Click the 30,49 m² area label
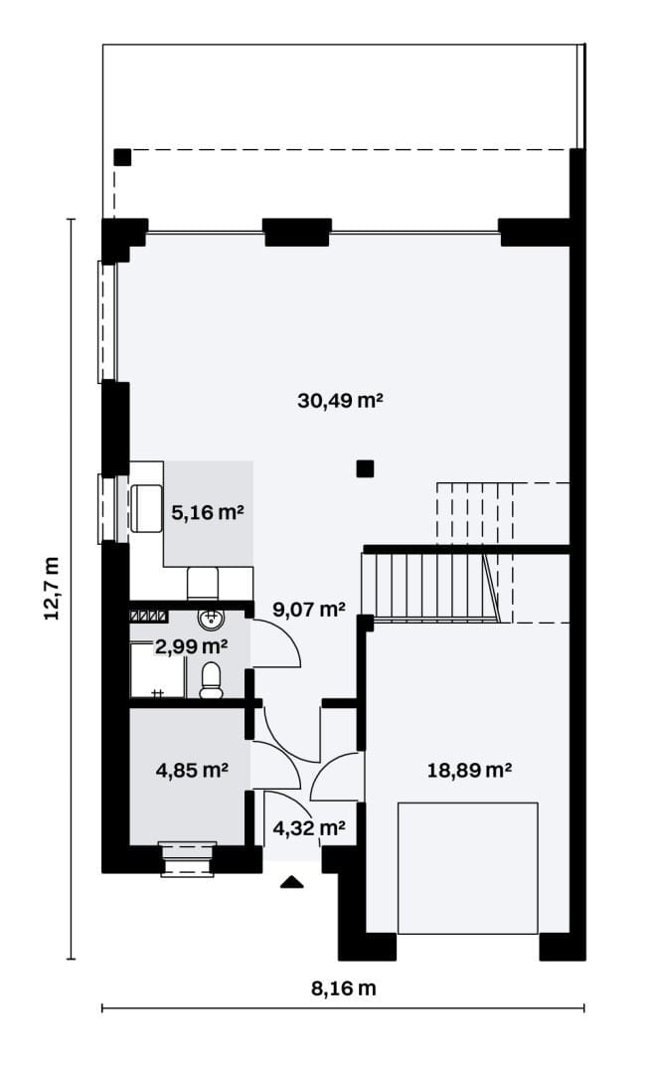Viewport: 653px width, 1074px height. [340, 400]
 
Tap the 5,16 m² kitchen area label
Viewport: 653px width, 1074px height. [208, 512]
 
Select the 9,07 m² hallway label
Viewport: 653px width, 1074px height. [309, 609]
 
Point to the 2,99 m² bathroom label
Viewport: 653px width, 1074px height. [192, 645]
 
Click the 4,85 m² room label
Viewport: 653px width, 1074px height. [192, 771]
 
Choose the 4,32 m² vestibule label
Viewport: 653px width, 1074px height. [309, 828]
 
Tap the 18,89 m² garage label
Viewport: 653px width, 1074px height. [469, 771]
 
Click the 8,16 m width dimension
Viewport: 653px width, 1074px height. [344, 988]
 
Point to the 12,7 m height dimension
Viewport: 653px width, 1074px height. [52, 588]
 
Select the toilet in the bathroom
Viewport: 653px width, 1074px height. [211, 680]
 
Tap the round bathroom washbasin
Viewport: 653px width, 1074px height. [211, 619]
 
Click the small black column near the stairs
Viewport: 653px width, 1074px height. [365, 468]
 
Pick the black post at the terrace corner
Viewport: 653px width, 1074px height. [122, 157]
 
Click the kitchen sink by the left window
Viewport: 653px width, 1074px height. [146, 508]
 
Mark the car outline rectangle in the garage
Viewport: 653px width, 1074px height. [468, 868]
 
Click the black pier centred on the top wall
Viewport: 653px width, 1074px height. [298, 232]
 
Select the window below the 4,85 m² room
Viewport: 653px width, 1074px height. [185, 859]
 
